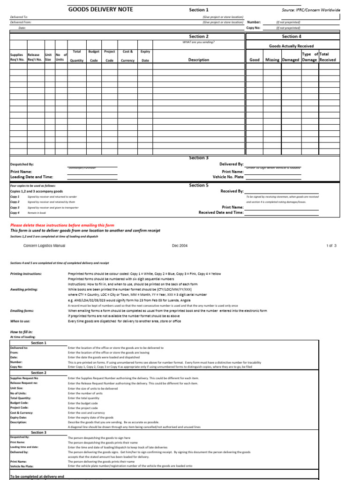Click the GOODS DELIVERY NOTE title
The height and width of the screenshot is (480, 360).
click(x=101, y=9)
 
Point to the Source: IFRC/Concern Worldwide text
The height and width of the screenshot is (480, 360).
click(x=311, y=10)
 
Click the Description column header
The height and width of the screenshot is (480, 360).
click(x=199, y=60)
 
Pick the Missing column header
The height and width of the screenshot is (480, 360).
click(x=272, y=60)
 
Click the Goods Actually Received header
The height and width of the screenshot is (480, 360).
click(x=292, y=46)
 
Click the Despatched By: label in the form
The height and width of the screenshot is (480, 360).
click(x=22, y=165)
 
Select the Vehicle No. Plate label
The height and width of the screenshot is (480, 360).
click(x=228, y=177)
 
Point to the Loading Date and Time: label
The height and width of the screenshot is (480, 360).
click(x=32, y=177)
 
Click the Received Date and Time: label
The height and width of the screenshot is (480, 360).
click(x=221, y=212)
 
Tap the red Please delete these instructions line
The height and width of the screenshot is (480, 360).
click(x=62, y=225)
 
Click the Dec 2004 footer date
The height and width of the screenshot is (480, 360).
click(x=180, y=246)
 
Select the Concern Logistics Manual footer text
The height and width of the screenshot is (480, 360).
click(x=44, y=246)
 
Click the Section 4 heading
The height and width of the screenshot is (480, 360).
click(x=292, y=36)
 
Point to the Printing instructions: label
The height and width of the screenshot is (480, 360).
click(x=26, y=273)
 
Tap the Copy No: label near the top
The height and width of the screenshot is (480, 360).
click(x=252, y=28)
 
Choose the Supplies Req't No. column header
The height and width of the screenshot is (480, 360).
click(x=18, y=57)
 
